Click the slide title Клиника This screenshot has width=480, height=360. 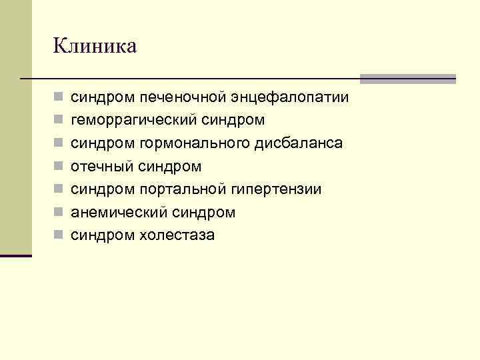(95, 46)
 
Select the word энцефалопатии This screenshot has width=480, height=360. (289, 98)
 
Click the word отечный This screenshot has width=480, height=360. (102, 166)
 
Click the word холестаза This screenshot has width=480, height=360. (177, 235)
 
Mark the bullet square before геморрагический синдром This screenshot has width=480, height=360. (59, 121)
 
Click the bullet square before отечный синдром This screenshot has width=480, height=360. (59, 166)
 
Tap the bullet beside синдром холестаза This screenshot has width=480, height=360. (59, 235)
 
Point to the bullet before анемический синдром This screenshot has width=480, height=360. (59, 212)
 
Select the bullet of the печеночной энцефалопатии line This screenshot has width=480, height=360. (59, 98)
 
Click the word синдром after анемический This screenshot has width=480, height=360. (203, 212)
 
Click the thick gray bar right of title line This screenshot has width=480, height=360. (408, 79)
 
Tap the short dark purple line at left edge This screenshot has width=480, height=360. (15, 255)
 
